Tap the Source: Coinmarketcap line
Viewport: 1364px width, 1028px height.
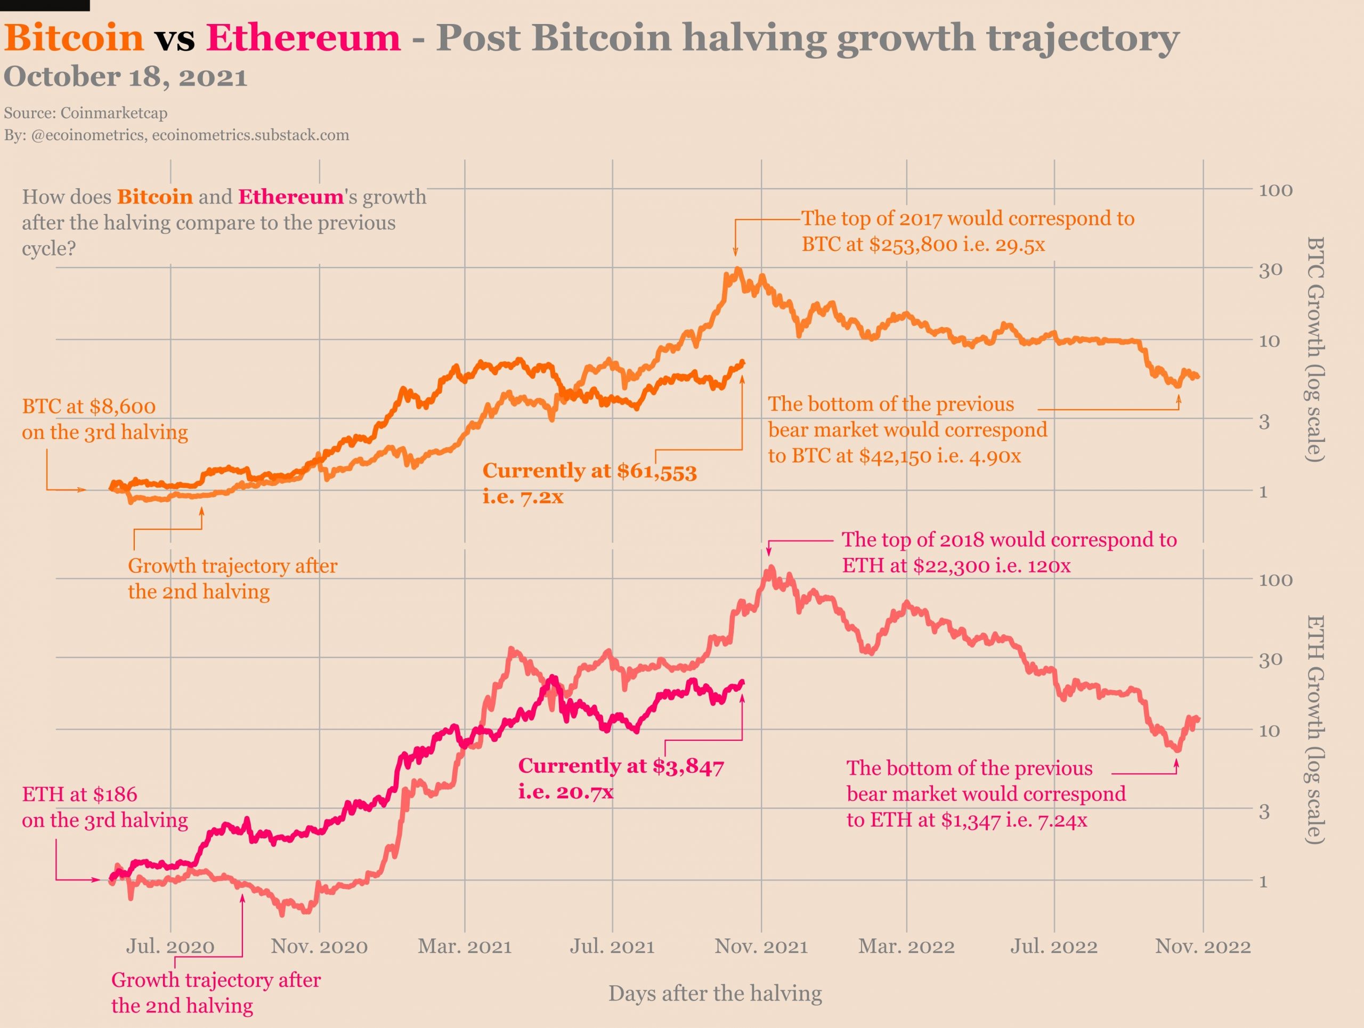click(x=86, y=113)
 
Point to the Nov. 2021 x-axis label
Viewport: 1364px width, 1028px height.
click(x=761, y=946)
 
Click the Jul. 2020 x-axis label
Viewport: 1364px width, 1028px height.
click(x=170, y=946)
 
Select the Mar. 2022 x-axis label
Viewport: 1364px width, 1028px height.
click(x=906, y=946)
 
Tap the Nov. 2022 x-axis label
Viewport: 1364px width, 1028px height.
click(x=1203, y=946)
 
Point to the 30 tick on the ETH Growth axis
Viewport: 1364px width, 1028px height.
click(x=1270, y=659)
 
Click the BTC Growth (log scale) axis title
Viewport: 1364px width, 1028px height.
click(x=1316, y=349)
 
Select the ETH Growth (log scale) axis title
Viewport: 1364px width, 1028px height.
click(x=1316, y=730)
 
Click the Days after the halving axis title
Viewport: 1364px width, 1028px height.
click(x=715, y=993)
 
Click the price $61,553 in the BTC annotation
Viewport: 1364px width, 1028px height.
click(x=657, y=472)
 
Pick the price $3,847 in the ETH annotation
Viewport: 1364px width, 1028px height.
click(x=688, y=766)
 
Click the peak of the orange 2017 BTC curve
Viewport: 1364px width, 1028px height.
click(x=738, y=270)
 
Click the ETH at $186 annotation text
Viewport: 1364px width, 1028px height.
click(x=79, y=794)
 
